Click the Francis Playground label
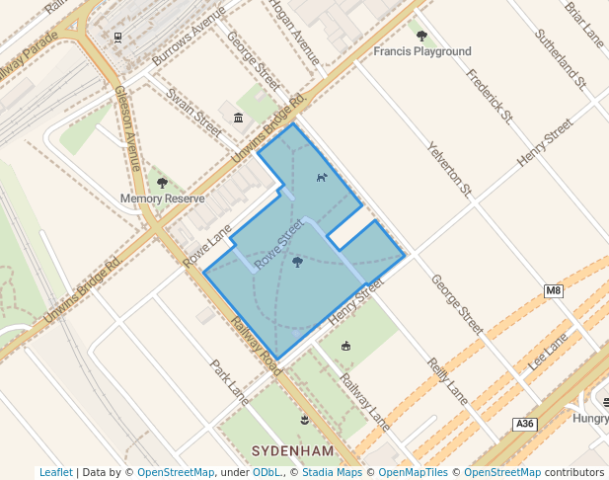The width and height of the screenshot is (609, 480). [421, 51]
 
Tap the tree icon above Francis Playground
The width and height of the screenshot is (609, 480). [421, 37]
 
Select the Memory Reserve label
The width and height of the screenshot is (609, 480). [162, 199]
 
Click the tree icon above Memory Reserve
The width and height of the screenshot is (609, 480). [162, 183]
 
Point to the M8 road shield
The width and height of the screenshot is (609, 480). [553, 290]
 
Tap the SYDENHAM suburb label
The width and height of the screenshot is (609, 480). [293, 451]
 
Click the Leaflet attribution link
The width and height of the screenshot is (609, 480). [56, 472]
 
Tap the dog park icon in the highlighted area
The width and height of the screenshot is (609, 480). [321, 178]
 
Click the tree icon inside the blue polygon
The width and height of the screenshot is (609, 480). [297, 262]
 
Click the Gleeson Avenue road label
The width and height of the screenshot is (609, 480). [129, 127]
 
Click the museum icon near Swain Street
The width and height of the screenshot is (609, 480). [238, 119]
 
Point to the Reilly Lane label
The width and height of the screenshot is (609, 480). [448, 380]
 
